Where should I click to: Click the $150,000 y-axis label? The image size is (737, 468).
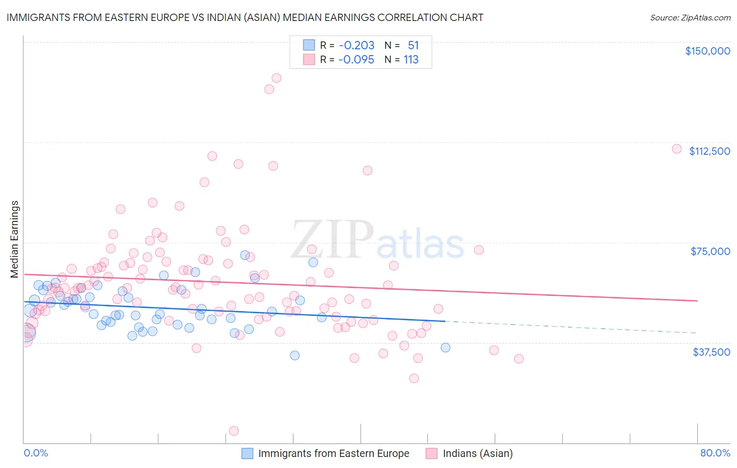(x=707, y=51)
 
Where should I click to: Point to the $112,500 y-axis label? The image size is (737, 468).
(x=709, y=151)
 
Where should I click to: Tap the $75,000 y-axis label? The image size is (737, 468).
(x=710, y=251)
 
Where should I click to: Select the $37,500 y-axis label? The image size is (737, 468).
(x=711, y=352)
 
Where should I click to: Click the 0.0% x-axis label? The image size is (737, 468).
(x=36, y=453)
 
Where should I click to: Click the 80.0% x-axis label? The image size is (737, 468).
(x=715, y=453)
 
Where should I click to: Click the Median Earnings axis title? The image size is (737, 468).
(x=14, y=239)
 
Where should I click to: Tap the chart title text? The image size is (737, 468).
(x=245, y=17)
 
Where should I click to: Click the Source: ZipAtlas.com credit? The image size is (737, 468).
(x=690, y=17)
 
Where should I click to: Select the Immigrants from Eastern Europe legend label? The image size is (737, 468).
(x=333, y=453)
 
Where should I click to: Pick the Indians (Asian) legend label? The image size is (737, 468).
(x=478, y=453)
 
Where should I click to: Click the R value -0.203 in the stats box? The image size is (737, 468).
(x=356, y=46)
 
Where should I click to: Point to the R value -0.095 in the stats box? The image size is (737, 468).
(x=356, y=60)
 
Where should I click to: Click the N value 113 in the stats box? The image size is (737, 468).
(x=411, y=60)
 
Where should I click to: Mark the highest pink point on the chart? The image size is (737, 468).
(x=276, y=78)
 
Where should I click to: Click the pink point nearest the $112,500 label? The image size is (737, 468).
(x=677, y=149)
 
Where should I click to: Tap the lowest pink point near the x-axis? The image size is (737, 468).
(x=234, y=431)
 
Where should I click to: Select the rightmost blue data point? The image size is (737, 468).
(x=446, y=347)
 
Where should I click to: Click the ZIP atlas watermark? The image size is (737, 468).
(x=377, y=240)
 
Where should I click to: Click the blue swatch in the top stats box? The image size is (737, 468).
(x=309, y=45)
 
